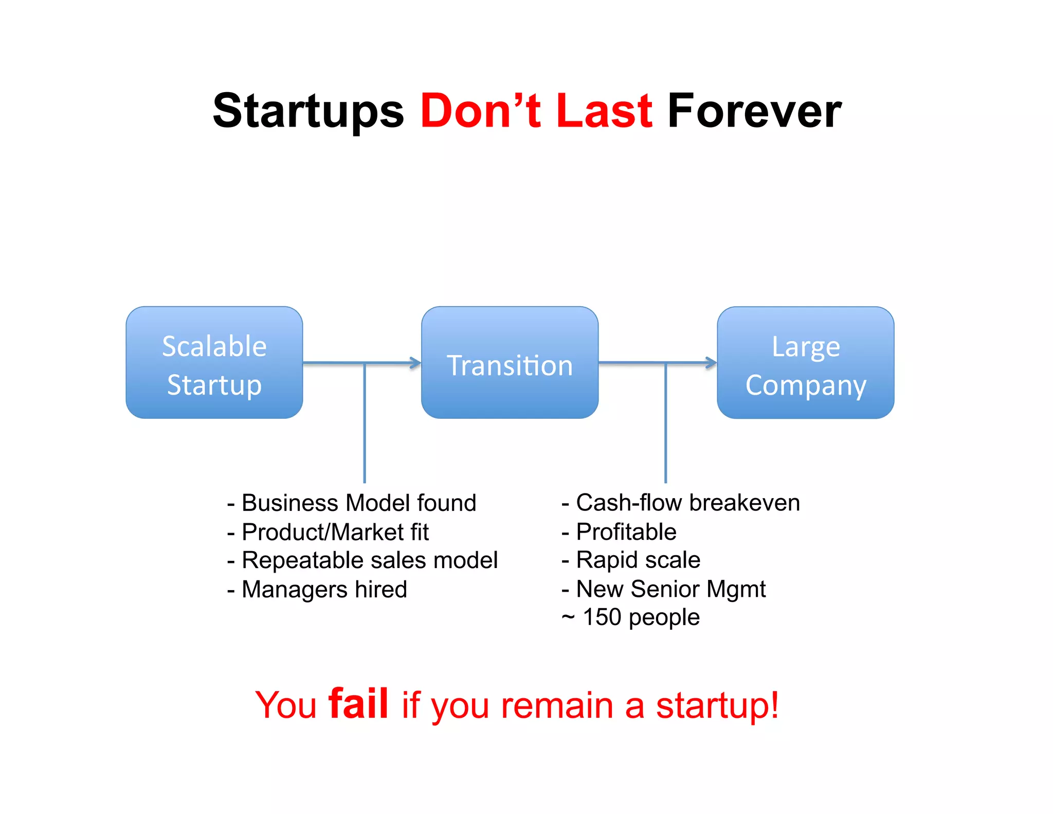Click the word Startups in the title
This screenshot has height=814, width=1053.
coord(308,111)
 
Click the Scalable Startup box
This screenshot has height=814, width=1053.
coord(214,363)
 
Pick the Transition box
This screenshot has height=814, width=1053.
coord(510,363)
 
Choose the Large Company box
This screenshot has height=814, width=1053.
coord(805,363)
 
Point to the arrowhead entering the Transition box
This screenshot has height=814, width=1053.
coord(416,363)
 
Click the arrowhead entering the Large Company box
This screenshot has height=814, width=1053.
coord(712,363)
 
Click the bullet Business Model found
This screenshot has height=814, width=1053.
coord(352,503)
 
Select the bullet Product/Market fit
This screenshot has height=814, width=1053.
coord(329,532)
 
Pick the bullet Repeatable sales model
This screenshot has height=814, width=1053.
coord(363,560)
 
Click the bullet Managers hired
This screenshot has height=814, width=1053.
coord(317,589)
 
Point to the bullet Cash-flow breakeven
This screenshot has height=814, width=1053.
coord(681,503)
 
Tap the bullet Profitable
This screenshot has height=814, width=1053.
coord(619,532)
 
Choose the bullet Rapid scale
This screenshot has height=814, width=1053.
coord(631,560)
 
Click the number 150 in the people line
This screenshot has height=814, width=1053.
coord(602,617)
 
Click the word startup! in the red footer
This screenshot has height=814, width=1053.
coord(717,705)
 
